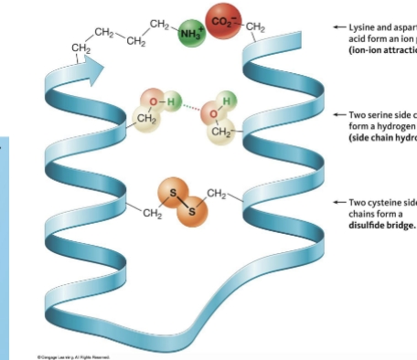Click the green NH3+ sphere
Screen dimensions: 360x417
pyautogui.click(x=190, y=35)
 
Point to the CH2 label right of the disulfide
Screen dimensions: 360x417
pyautogui.click(x=216, y=192)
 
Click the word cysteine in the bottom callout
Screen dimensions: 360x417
pyautogui.click(x=384, y=203)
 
